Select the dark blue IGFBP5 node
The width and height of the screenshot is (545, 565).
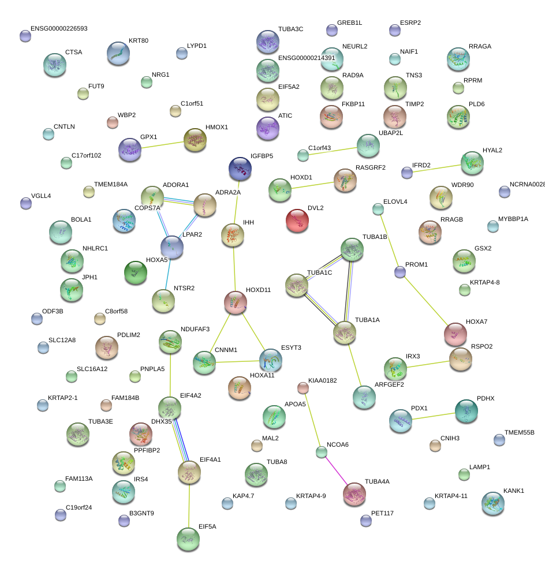coord(240,169)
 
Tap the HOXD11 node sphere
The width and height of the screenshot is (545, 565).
coord(235,302)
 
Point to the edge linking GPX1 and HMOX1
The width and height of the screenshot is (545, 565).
coord(162,144)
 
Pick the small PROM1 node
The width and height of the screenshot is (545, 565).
coord(400,272)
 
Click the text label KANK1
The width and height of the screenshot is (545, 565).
coord(514,491)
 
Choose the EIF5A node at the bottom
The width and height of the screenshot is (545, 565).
coord(188,539)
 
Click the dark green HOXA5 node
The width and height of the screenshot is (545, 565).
coord(136,272)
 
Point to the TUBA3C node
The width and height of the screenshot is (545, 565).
coord(268,42)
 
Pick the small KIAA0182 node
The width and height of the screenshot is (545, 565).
coord(303,387)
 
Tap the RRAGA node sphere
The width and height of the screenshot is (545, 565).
coord(458,59)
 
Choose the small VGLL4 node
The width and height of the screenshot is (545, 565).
coord(26,203)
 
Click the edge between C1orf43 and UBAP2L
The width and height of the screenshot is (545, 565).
coord(335,151)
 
